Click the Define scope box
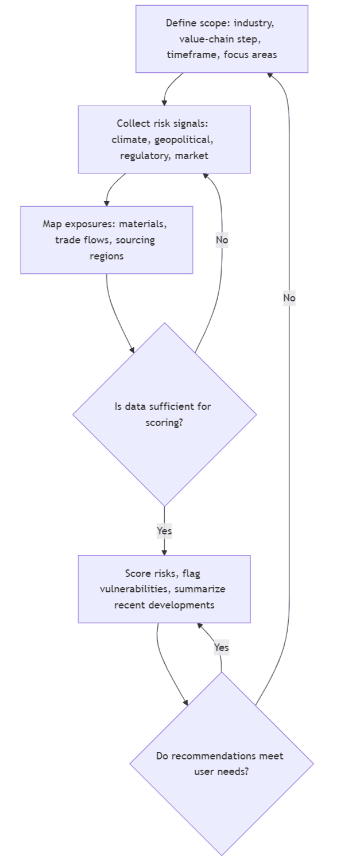pyautogui.click(x=222, y=39)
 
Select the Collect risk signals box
pyautogui.click(x=164, y=139)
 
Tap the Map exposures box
pyautogui.click(x=106, y=240)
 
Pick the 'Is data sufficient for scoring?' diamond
pyautogui.click(x=164, y=414)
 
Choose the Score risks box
pyautogui.click(x=164, y=589)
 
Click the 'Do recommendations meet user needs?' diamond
pyautogui.click(x=222, y=763)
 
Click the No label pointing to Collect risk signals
pyautogui.click(x=222, y=239)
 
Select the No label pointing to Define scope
pyautogui.click(x=289, y=298)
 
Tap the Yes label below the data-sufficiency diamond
pyautogui.click(x=164, y=531)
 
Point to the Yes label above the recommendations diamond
pyautogui.click(x=221, y=647)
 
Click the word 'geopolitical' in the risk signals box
pyautogui.click(x=184, y=139)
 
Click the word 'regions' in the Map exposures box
pyautogui.click(x=106, y=256)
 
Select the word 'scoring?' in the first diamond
pyautogui.click(x=164, y=422)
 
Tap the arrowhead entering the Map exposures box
pyautogui.click(x=107, y=203)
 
